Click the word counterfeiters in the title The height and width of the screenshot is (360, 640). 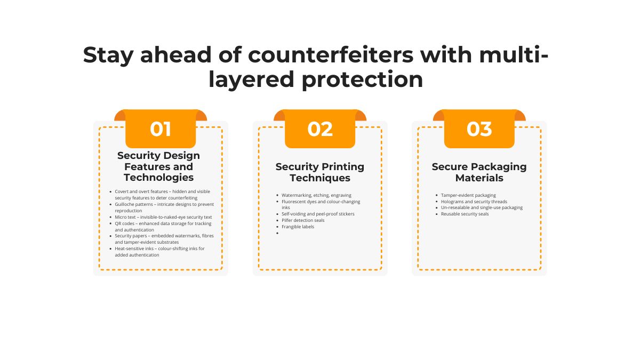tap(331, 54)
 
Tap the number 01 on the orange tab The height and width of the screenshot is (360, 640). tap(161, 129)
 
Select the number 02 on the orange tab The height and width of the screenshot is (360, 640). tap(320, 129)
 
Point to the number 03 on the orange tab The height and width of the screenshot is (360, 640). tap(479, 129)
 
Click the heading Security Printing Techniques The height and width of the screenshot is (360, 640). tap(319, 172)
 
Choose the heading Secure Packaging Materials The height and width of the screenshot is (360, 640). tap(479, 172)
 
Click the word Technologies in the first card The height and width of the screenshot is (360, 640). tap(158, 178)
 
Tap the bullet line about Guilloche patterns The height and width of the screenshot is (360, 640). tap(164, 207)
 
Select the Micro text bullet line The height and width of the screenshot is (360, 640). tap(163, 217)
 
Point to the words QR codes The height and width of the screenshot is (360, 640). tap(125, 223)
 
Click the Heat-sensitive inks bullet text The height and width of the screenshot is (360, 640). tap(159, 252)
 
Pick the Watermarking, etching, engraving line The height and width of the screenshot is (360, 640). tap(316, 195)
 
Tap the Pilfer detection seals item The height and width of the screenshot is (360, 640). tap(303, 220)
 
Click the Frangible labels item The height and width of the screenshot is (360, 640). tap(298, 227)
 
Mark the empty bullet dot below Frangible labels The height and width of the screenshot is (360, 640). tap(277, 233)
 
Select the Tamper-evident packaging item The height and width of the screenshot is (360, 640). tap(468, 195)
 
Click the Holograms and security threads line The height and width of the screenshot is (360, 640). tap(474, 202)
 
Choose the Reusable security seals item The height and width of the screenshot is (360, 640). tap(465, 214)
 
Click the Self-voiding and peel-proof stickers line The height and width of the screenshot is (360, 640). tap(318, 214)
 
